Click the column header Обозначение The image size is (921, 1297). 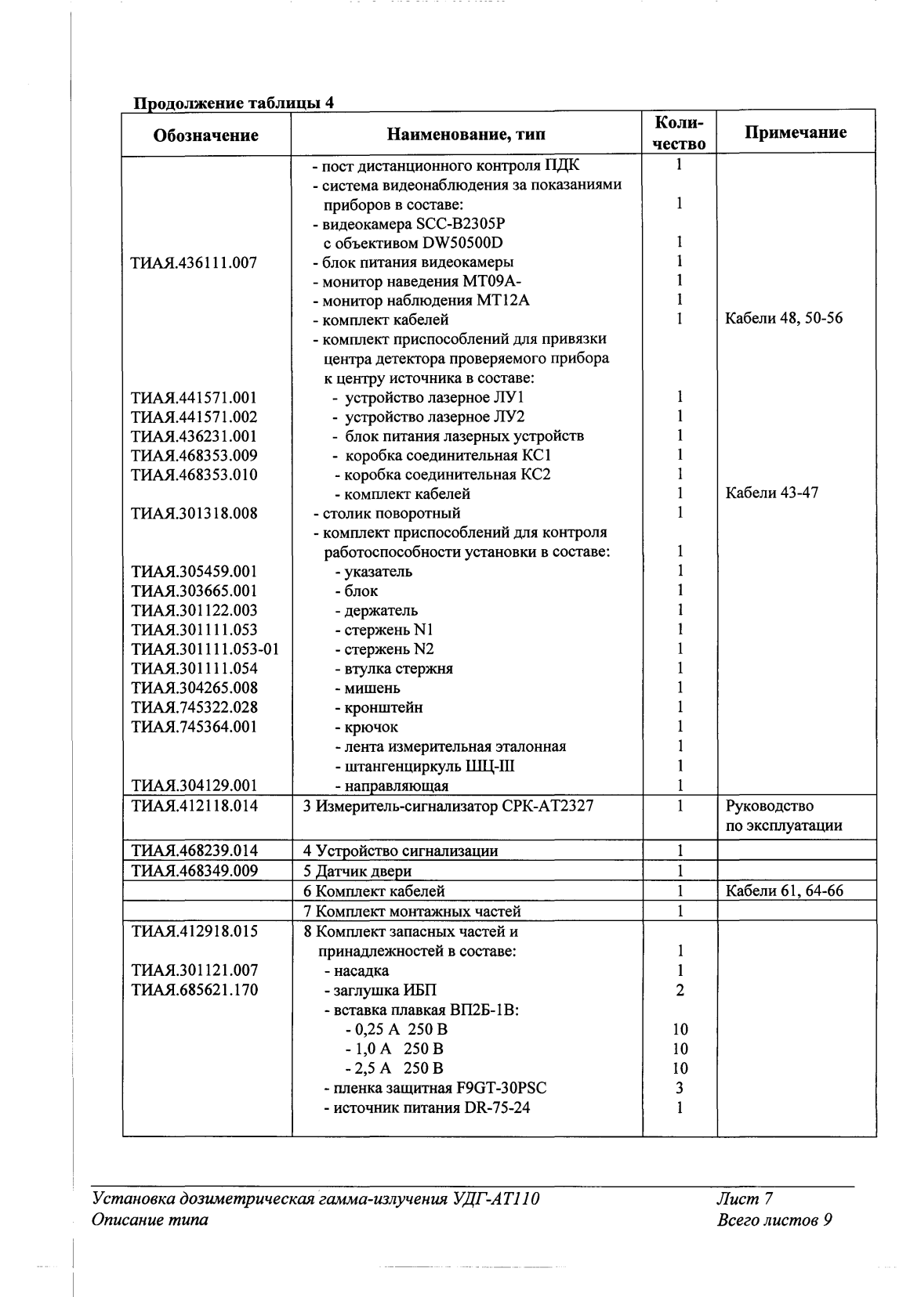click(x=205, y=135)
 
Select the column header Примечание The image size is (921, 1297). click(x=795, y=132)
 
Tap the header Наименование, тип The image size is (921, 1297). click(x=466, y=135)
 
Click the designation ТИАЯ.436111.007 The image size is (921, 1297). click(x=194, y=262)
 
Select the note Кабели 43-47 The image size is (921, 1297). click(x=771, y=493)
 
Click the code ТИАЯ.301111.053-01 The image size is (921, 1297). click(x=205, y=649)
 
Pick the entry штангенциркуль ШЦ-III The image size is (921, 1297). click(x=424, y=766)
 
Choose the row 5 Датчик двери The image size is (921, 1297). click(x=357, y=871)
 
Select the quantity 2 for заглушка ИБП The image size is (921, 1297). click(x=680, y=991)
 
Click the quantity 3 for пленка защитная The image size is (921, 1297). click(x=680, y=1088)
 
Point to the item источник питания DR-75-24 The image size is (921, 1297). click(x=426, y=1107)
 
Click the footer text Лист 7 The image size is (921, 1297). click(x=745, y=1199)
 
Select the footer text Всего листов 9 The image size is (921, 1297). click(x=773, y=1219)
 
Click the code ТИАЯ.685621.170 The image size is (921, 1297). click(x=194, y=991)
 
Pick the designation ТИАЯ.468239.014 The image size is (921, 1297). click(x=194, y=851)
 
